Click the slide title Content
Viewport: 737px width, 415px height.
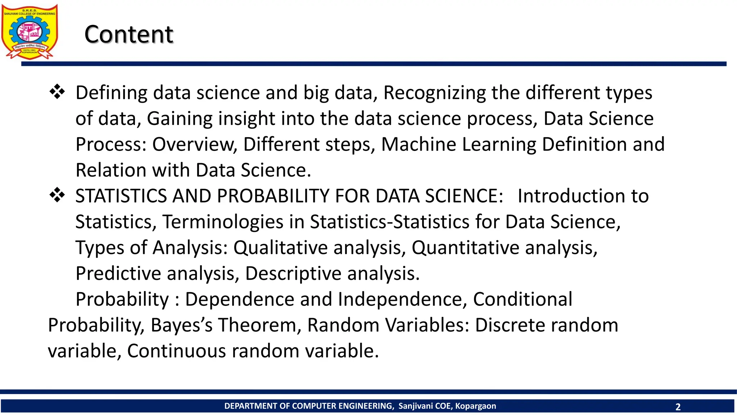129,35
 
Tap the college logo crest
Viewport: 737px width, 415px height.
30,32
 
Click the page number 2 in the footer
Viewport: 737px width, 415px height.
678,407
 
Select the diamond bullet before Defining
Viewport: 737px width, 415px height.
57,92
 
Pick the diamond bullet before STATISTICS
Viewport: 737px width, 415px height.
57,195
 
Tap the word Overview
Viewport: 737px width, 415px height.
194,144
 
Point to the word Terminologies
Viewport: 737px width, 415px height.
223,222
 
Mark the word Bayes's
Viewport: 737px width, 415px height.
182,325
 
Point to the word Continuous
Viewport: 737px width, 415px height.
176,351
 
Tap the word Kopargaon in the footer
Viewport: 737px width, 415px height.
475,406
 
